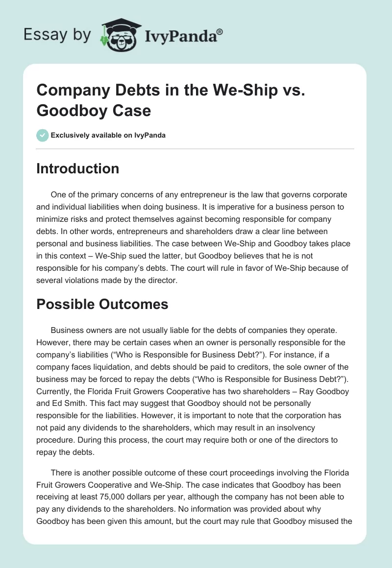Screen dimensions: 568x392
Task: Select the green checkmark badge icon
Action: coord(43,135)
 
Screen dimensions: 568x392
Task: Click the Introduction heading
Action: coord(78,168)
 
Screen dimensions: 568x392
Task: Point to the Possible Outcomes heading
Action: coord(102,304)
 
